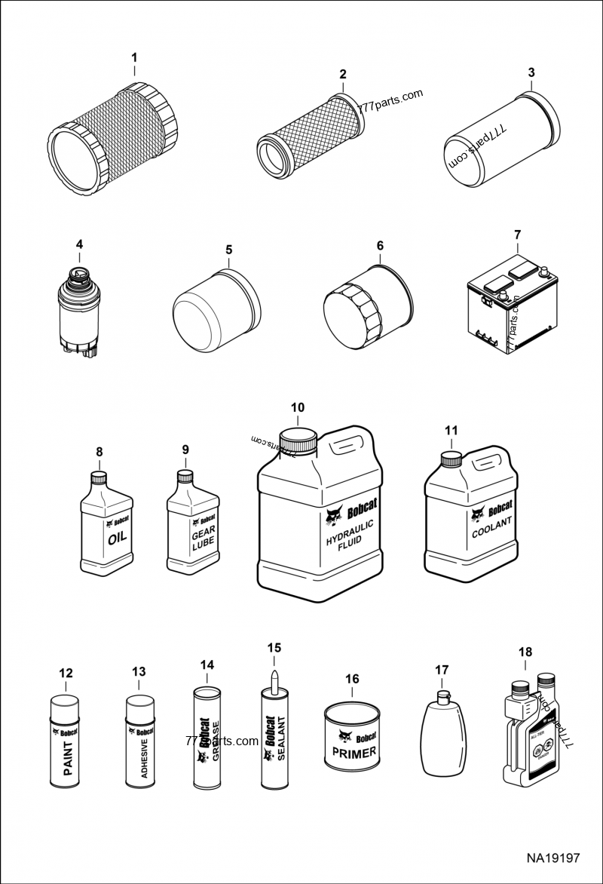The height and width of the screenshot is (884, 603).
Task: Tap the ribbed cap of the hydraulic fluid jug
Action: (x=297, y=441)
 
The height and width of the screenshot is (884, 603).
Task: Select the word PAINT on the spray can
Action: (x=67, y=757)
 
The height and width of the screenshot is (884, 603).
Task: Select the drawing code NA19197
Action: (x=552, y=858)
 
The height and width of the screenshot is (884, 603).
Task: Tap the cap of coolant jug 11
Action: (x=450, y=458)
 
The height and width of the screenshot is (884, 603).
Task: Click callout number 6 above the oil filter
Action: (x=380, y=246)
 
